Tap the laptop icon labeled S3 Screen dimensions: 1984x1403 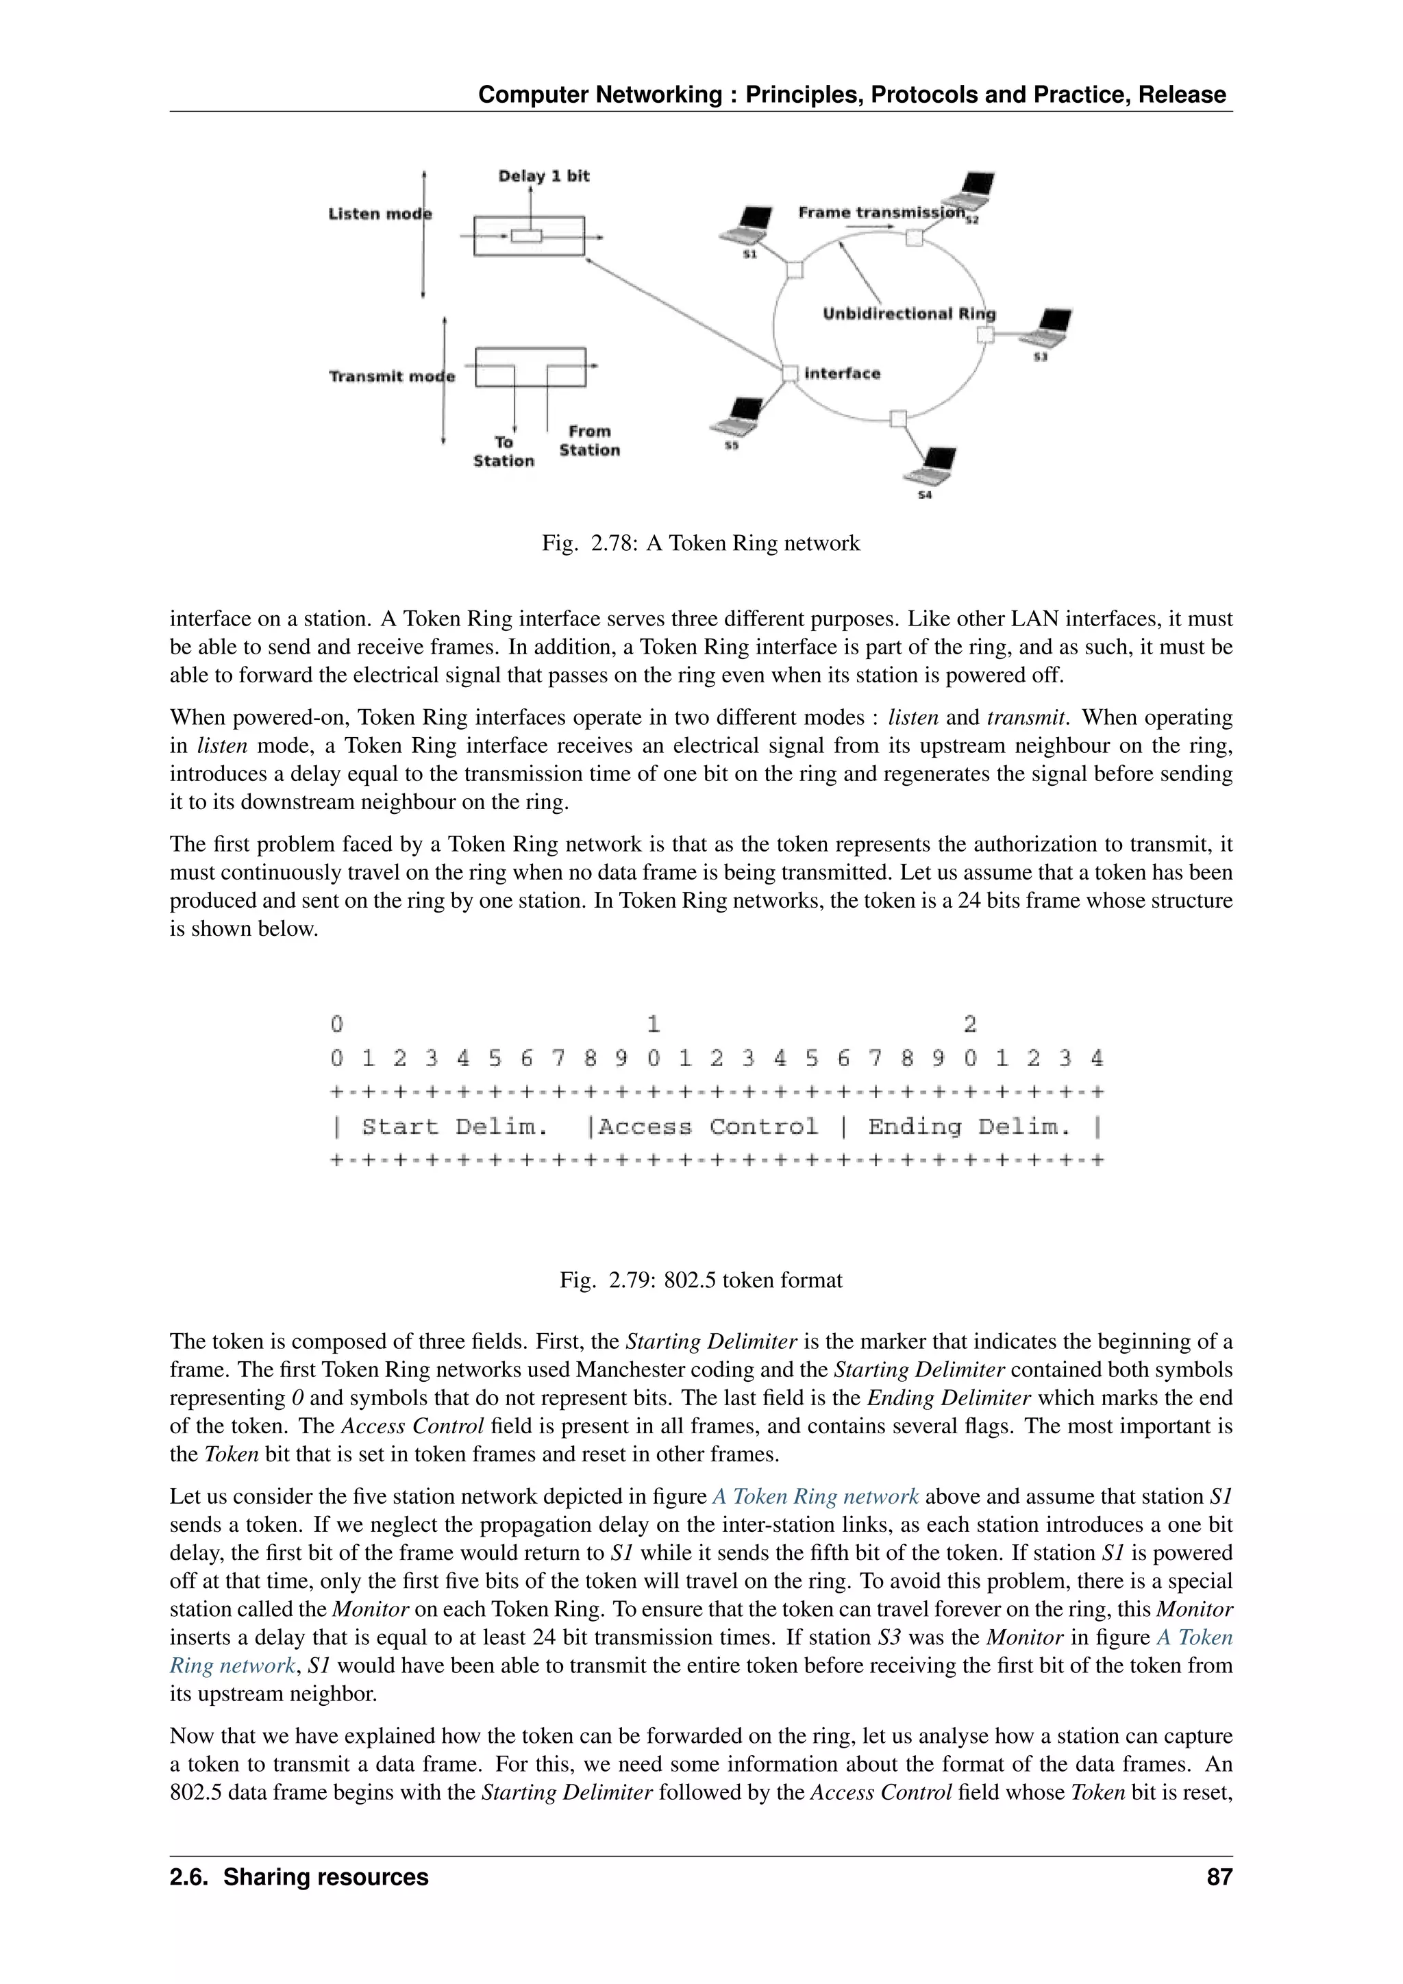(x=1046, y=327)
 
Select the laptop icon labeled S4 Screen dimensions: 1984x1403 (x=930, y=467)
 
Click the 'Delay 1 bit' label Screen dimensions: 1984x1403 (x=543, y=176)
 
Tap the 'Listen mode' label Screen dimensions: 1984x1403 (x=380, y=214)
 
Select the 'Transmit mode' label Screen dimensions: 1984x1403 (x=391, y=377)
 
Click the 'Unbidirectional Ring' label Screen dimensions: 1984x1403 (x=909, y=314)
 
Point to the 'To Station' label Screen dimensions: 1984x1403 (x=504, y=451)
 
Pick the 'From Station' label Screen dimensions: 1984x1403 (x=589, y=441)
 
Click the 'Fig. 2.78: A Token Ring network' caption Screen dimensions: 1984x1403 (x=701, y=543)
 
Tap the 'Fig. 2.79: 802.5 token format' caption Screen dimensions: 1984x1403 (x=701, y=1280)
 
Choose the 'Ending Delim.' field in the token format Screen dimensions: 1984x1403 (x=969, y=1127)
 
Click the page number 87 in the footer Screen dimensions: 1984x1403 (x=1219, y=1877)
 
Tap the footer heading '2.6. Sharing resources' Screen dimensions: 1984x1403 (x=299, y=1877)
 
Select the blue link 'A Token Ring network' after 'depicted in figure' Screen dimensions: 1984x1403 (x=815, y=1497)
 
